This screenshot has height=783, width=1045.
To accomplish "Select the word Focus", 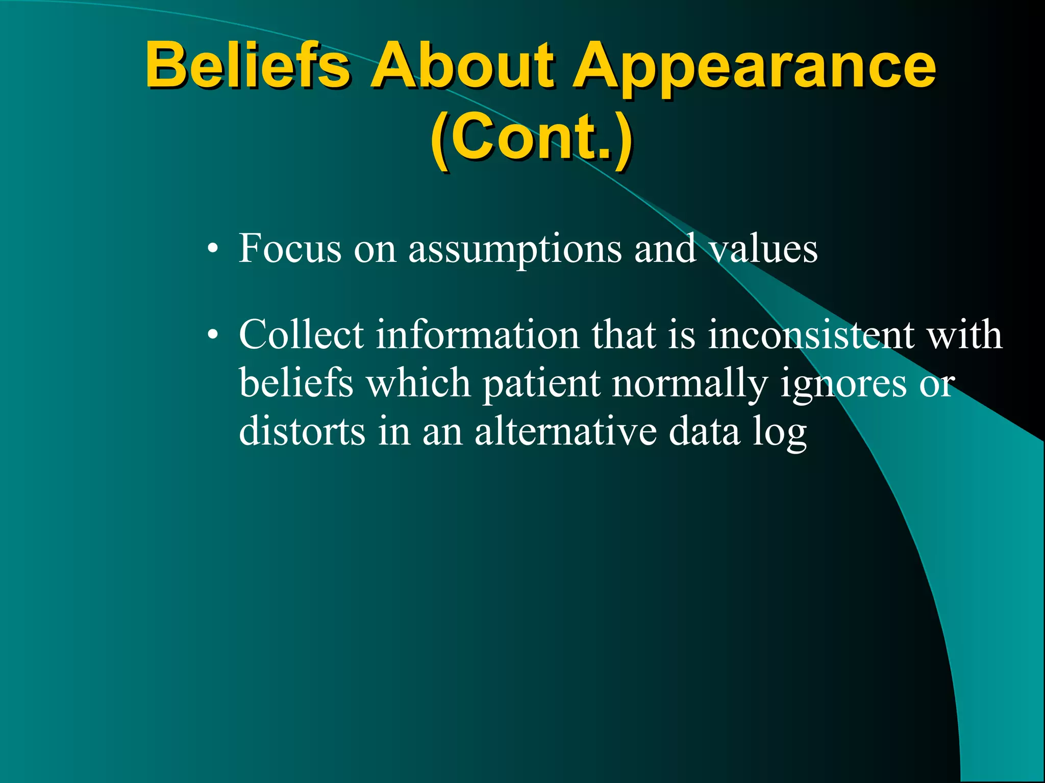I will [290, 248].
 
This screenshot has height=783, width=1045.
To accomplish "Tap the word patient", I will [541, 383].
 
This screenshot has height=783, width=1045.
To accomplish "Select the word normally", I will [690, 383].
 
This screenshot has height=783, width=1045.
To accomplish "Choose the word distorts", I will [302, 431].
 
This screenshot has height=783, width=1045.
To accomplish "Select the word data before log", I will [704, 431].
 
